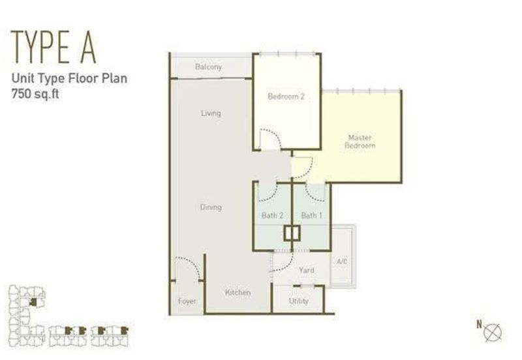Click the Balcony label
[x=208, y=67]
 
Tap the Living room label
[x=211, y=113]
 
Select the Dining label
[x=211, y=207]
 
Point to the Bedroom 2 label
[x=286, y=97]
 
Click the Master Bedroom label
[x=360, y=142]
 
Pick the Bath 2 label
[x=272, y=216]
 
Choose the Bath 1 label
[x=312, y=216]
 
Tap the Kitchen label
[x=238, y=292]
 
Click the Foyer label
[x=187, y=301]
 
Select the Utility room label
[x=299, y=301]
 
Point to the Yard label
[x=306, y=270]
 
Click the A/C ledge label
[x=342, y=262]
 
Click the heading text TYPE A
[x=54, y=47]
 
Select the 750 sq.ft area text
[x=35, y=94]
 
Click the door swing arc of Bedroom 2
[x=274, y=135]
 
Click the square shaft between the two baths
[x=292, y=233]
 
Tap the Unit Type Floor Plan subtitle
[x=69, y=78]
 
